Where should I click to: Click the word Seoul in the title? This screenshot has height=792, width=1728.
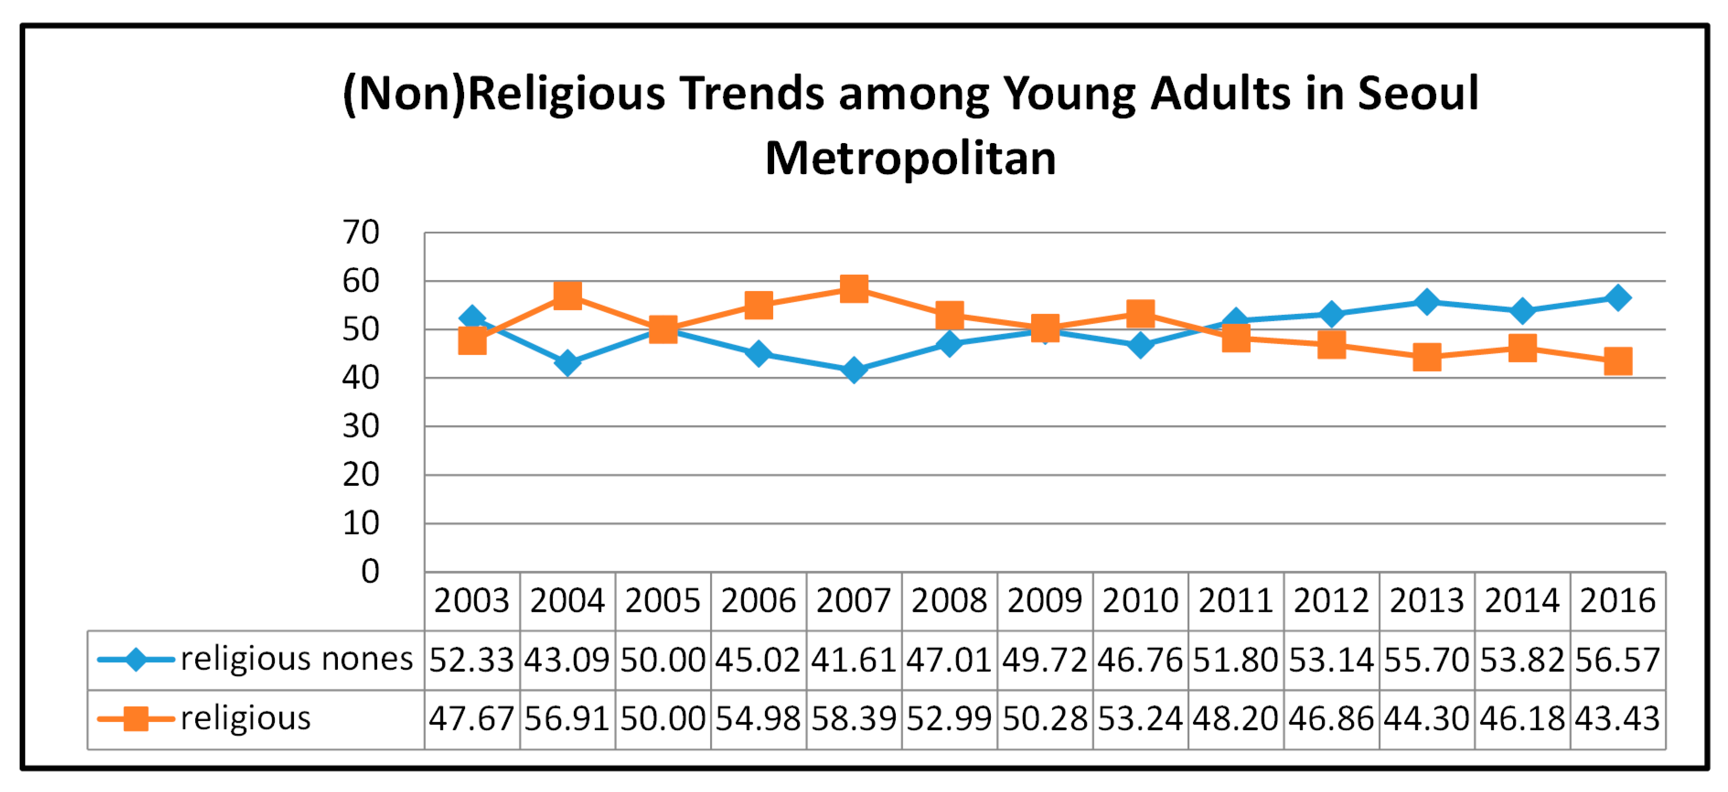click(x=1418, y=93)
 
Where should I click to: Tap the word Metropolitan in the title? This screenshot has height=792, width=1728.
click(x=910, y=159)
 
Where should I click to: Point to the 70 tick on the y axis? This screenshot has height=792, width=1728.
click(x=361, y=233)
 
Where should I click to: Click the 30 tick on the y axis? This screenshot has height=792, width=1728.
click(x=361, y=426)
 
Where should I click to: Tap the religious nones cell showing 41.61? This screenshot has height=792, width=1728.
click(x=853, y=660)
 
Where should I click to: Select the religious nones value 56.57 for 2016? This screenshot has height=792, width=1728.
click(x=1617, y=660)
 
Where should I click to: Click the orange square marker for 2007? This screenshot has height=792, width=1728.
click(x=854, y=288)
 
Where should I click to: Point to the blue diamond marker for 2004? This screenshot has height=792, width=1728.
click(x=567, y=363)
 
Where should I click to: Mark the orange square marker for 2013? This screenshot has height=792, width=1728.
click(x=1427, y=357)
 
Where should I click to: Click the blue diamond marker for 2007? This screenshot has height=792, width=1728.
click(x=854, y=370)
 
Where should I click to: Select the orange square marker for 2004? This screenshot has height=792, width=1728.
click(x=567, y=295)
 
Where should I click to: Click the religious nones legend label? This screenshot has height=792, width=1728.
click(x=296, y=659)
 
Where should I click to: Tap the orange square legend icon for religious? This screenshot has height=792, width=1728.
click(x=136, y=719)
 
